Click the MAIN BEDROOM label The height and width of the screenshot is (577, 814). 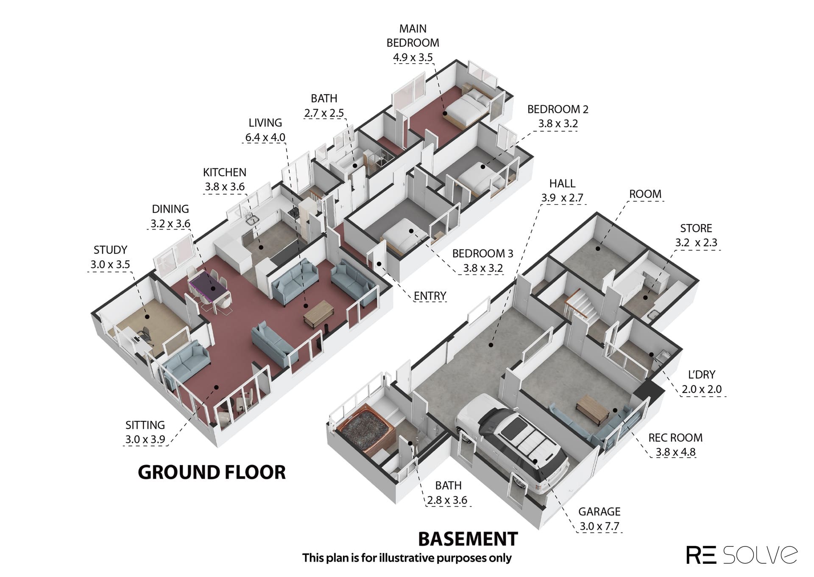coord(413,36)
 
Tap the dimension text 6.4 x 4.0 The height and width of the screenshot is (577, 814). coord(265,137)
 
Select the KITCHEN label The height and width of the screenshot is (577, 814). coord(225,172)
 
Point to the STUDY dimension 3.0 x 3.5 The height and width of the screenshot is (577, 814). coord(110,264)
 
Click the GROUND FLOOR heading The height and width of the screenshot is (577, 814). coord(212,472)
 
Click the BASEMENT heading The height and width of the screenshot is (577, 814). coord(468,539)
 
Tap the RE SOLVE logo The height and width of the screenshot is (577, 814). coord(742,555)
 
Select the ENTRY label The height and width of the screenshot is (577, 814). coord(430,296)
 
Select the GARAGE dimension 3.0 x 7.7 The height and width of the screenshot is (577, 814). coord(599,526)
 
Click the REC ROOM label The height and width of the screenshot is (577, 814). coord(675,437)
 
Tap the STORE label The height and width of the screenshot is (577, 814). coord(696,228)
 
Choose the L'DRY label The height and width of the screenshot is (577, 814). coord(702,375)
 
